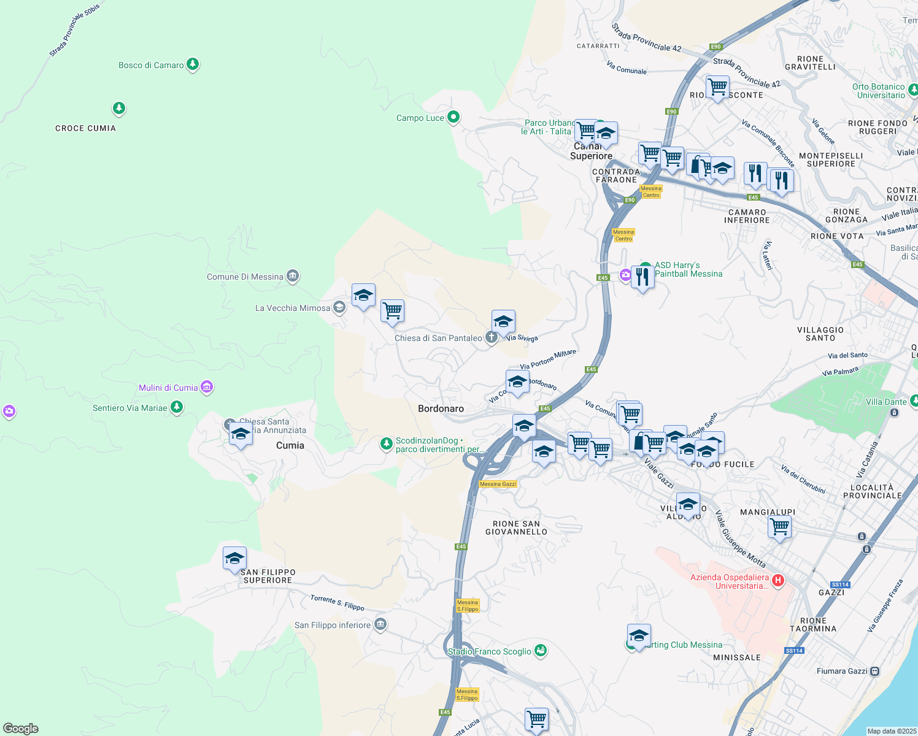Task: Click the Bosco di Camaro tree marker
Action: point(193,64)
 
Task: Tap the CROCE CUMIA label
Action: point(85,128)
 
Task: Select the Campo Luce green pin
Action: point(453,117)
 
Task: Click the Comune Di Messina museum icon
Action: point(293,276)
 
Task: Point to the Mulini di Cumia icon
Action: point(207,387)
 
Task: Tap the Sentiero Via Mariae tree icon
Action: point(177,407)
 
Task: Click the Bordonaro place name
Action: point(441,408)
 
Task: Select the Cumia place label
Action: point(290,445)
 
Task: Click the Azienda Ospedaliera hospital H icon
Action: point(778,580)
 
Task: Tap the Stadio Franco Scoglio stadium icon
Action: point(541,650)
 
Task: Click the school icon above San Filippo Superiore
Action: point(234,559)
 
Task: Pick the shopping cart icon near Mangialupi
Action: point(779,527)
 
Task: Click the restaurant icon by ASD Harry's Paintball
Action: point(642,277)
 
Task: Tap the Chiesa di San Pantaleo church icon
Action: point(491,337)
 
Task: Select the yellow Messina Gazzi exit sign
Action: point(498,484)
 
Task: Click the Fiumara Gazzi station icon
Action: point(874,671)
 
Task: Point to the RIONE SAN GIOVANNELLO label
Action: point(516,528)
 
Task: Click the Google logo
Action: point(20,728)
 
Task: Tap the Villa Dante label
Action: point(885,402)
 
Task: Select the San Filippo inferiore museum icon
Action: point(380,624)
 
